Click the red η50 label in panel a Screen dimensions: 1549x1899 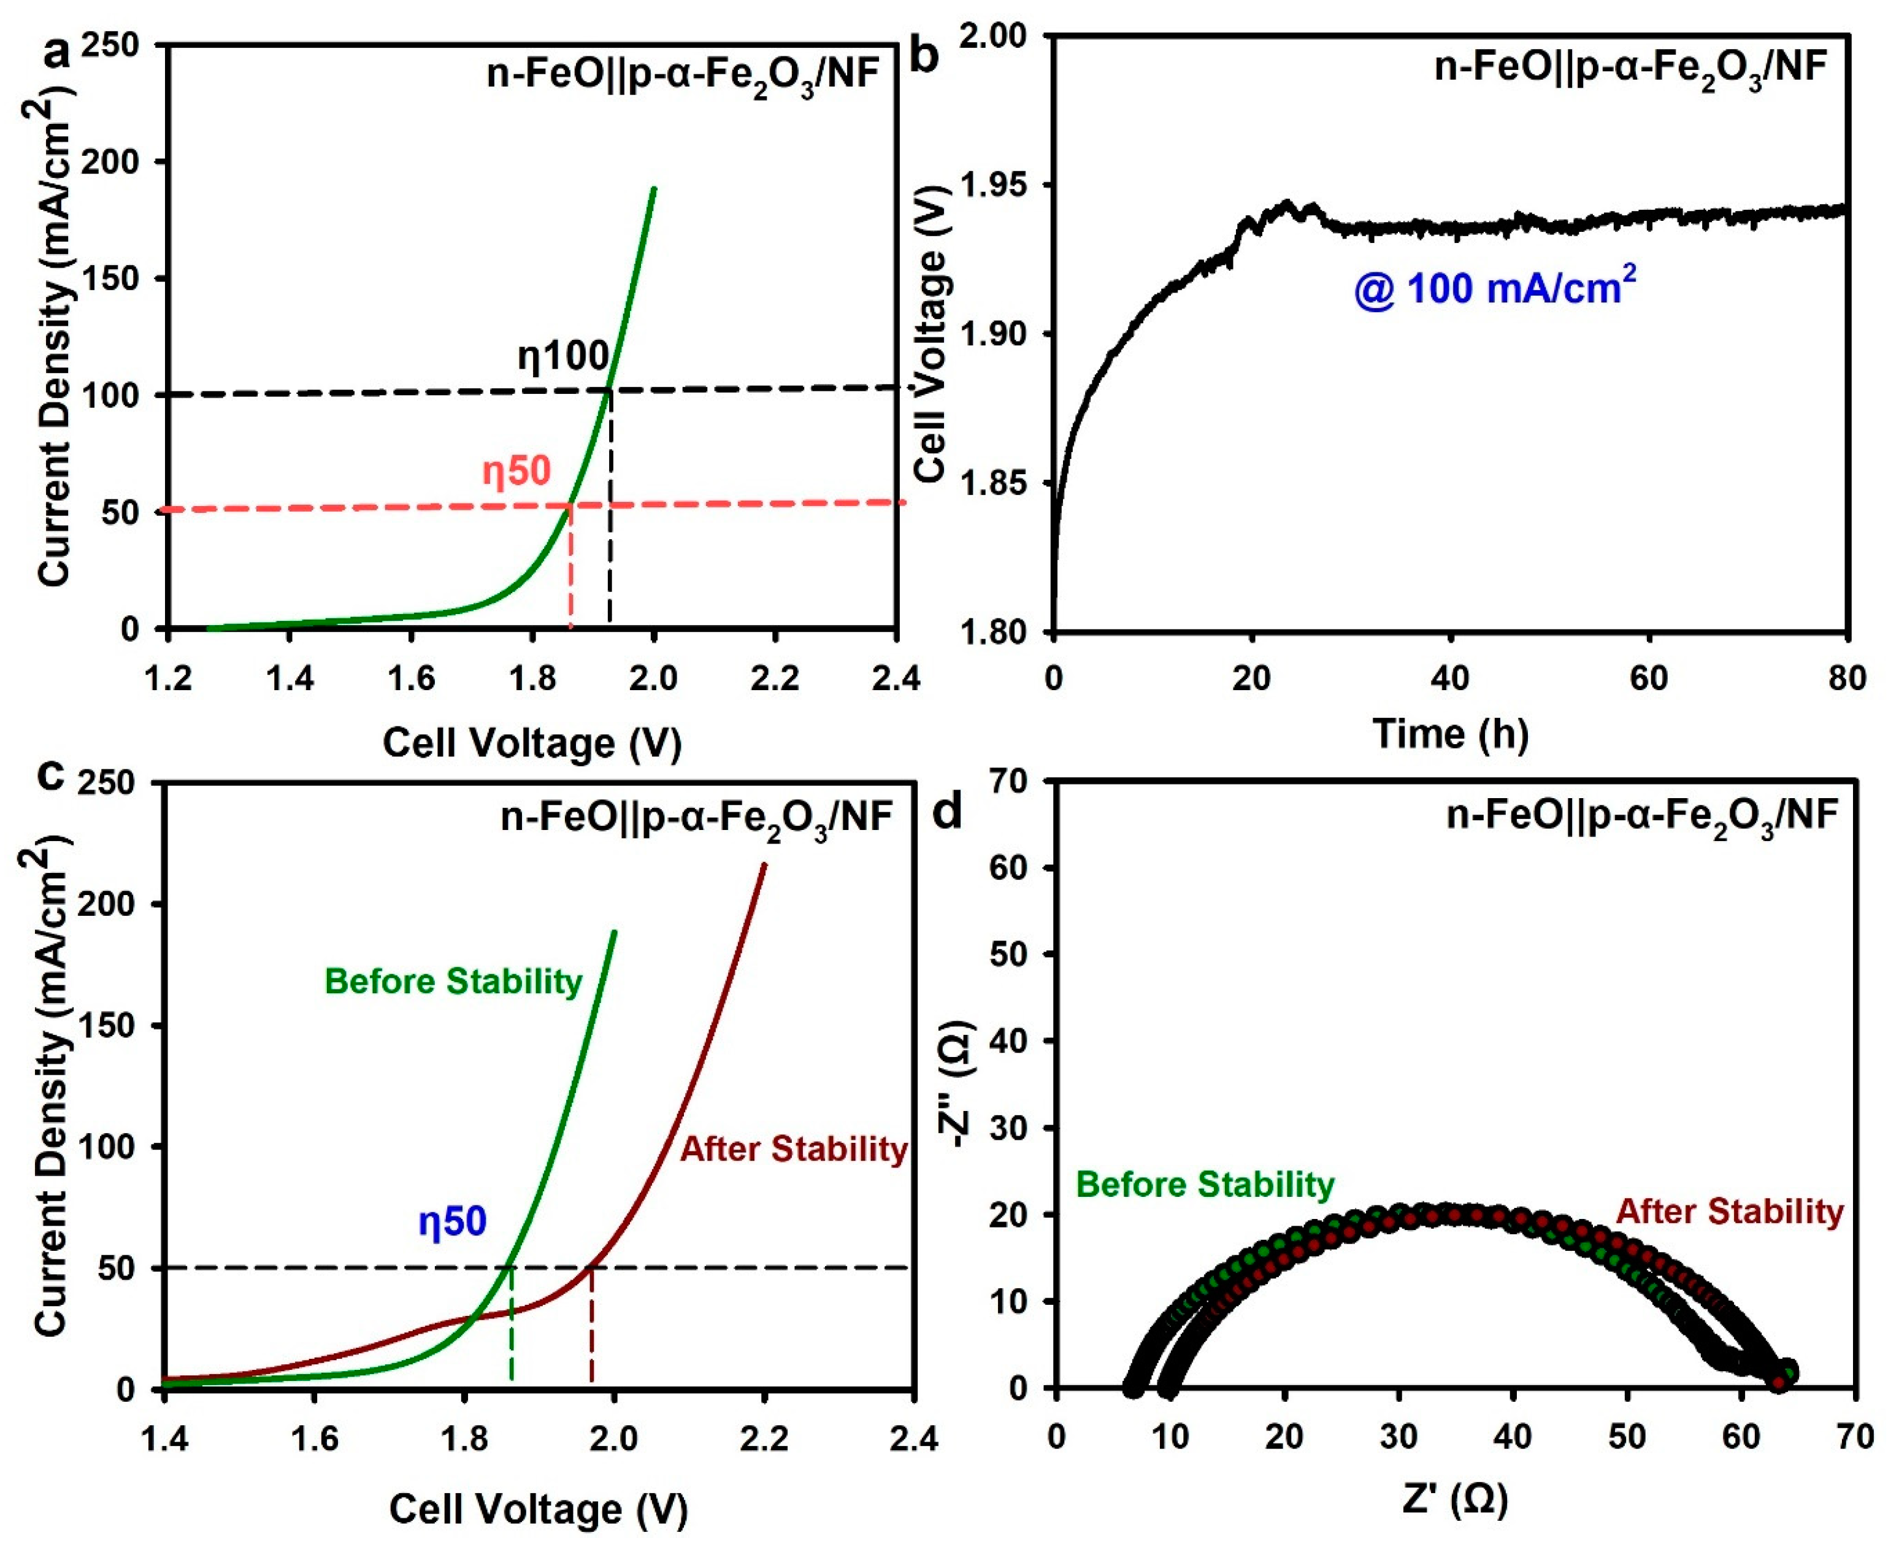516,471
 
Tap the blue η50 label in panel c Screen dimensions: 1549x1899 452,1221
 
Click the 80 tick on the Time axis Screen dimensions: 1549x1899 1846,678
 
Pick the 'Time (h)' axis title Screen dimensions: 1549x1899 1451,734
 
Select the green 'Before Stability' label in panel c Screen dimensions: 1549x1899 453,982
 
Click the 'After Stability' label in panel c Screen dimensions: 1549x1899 793,1149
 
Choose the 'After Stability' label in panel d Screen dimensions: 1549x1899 1730,1212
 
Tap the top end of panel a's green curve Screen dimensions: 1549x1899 654,188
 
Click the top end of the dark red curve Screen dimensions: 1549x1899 764,864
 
